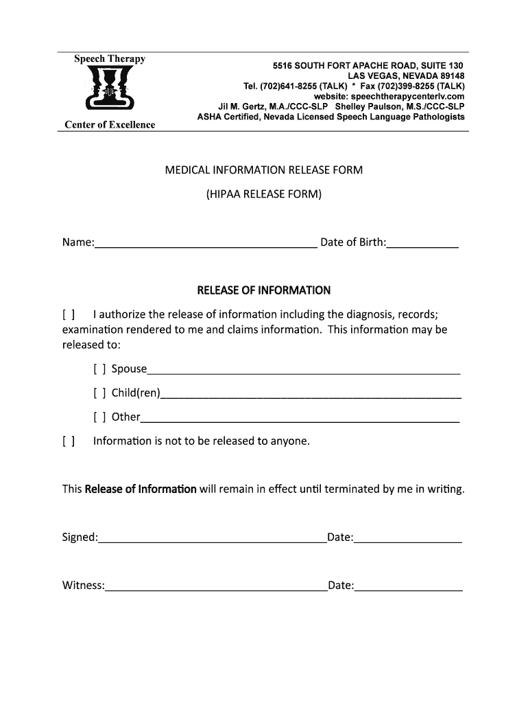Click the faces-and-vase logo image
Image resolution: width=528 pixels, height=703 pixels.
coord(110,91)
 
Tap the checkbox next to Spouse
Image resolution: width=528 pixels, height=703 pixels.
coord(99,369)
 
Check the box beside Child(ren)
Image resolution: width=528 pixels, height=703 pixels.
coord(99,393)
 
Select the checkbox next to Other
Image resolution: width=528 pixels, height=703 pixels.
coord(99,417)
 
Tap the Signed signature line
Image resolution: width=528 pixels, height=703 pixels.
coord(213,538)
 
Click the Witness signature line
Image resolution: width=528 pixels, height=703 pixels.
coord(216,586)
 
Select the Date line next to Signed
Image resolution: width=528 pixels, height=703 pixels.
coord(408,538)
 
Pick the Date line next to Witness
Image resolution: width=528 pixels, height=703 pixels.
coord(409,586)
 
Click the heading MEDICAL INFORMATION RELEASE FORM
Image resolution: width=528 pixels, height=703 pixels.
coord(264,170)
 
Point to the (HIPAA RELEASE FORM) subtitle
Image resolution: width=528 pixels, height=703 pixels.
coord(264,194)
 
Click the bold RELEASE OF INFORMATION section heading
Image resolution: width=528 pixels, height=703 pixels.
coord(264,290)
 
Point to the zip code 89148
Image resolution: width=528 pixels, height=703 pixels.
coord(450,76)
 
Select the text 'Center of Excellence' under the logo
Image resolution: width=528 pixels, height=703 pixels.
coord(110,124)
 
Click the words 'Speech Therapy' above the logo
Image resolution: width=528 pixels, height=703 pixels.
coord(110,59)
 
